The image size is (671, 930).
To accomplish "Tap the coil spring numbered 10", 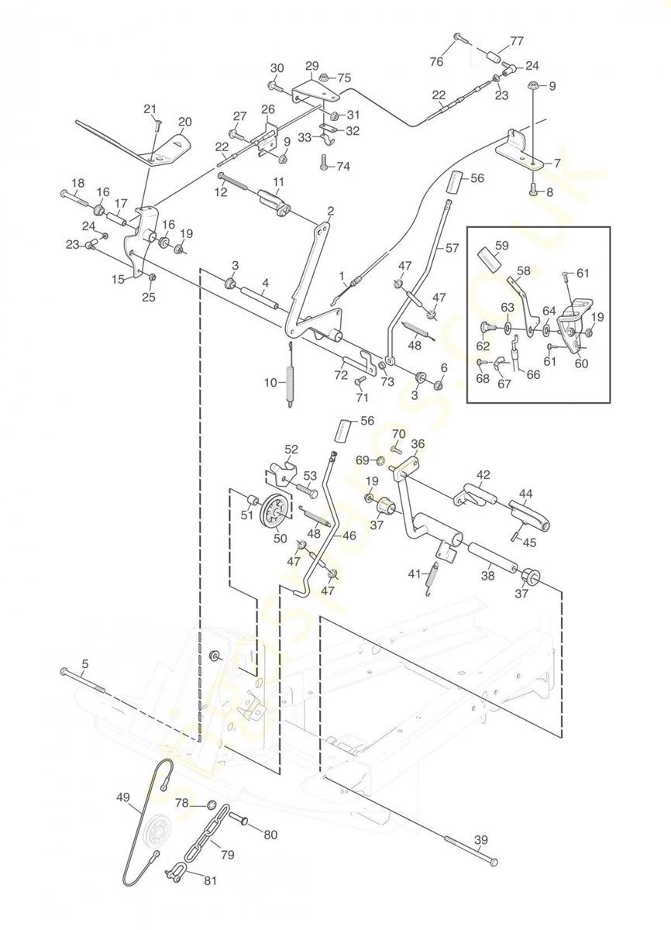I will click(291, 384).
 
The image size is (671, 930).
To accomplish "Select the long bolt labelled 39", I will click(470, 851).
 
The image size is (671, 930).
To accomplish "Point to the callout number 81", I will click(210, 880).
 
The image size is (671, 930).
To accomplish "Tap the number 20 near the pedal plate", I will click(184, 122).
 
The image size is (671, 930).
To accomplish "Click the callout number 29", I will click(312, 65).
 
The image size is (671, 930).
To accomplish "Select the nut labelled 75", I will click(325, 77).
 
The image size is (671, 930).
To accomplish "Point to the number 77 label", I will click(517, 41).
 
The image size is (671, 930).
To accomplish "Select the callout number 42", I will click(483, 474).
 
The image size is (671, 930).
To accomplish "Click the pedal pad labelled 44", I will click(530, 515).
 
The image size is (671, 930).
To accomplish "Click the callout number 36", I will click(418, 445).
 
